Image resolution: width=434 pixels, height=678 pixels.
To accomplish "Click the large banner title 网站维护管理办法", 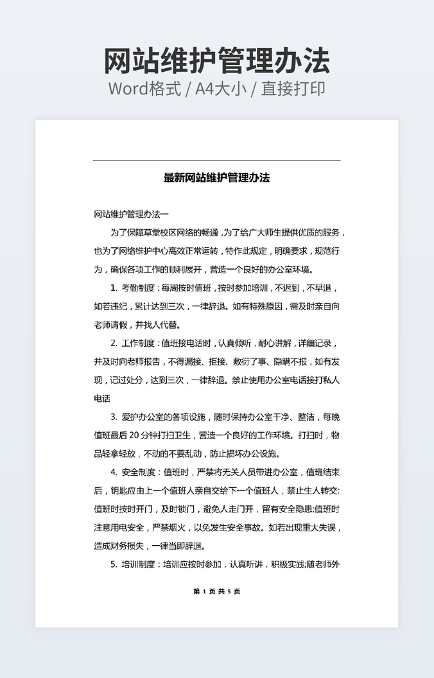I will (x=216, y=61).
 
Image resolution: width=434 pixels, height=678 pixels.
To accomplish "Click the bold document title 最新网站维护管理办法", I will (x=216, y=178).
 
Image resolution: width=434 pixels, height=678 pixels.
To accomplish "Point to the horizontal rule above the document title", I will (x=216, y=160).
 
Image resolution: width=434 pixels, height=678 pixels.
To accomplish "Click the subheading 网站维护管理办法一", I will (x=131, y=214).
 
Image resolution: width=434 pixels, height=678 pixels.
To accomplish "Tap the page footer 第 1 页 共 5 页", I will (x=216, y=591).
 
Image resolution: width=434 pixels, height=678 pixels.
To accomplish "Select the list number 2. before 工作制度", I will (x=114, y=343).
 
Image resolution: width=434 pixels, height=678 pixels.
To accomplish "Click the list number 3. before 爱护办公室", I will (x=114, y=417).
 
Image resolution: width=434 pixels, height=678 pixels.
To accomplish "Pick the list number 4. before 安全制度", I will (x=114, y=473).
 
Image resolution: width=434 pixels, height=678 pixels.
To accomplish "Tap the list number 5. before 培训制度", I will (x=114, y=565).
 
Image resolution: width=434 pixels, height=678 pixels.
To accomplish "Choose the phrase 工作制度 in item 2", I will (x=138, y=343).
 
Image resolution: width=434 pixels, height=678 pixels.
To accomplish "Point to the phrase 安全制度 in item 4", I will (x=138, y=473).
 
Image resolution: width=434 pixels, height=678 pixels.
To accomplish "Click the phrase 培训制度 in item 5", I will (x=138, y=565).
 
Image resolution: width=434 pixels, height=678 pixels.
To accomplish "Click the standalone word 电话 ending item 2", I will (x=102, y=399).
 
